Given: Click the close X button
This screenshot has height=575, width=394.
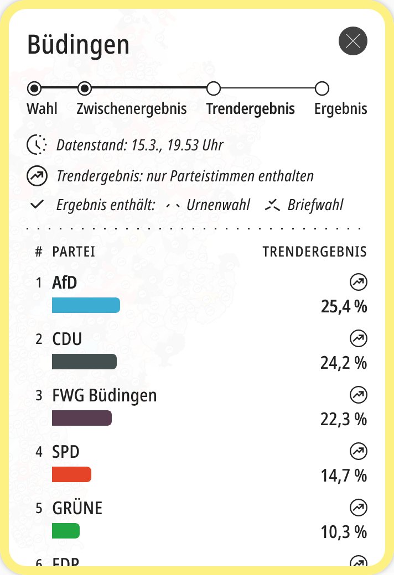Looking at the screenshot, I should (x=352, y=41).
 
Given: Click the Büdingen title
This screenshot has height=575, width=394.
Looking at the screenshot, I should (x=78, y=44).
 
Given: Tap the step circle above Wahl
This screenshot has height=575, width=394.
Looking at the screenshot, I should (x=34, y=88).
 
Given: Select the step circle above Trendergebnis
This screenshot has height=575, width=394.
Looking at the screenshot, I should (x=213, y=88).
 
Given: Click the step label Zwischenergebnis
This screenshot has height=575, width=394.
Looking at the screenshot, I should (x=132, y=108).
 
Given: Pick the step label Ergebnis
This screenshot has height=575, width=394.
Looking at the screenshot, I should (x=340, y=108).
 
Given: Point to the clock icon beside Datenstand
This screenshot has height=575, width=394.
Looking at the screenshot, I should (x=37, y=145).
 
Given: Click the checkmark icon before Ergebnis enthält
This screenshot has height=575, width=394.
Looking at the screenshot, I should (x=37, y=205).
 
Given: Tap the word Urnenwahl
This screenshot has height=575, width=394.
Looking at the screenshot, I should (x=218, y=205).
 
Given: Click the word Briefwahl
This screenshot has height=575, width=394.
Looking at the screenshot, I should (x=315, y=205).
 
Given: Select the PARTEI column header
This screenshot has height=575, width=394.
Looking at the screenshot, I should (x=74, y=252).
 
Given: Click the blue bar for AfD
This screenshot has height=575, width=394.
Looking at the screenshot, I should (x=86, y=305).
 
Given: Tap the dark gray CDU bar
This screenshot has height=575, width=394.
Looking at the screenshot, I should (x=84, y=362).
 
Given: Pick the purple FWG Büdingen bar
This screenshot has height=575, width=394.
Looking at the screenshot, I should (x=82, y=418).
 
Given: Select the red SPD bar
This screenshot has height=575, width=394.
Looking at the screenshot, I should (x=71, y=474).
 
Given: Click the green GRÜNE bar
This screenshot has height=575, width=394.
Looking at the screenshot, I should (x=66, y=531).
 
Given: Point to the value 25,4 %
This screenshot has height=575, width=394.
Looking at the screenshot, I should (x=344, y=306).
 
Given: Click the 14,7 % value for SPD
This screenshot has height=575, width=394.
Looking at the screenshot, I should (x=344, y=475).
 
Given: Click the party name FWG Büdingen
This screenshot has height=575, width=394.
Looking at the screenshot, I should (x=105, y=396).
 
